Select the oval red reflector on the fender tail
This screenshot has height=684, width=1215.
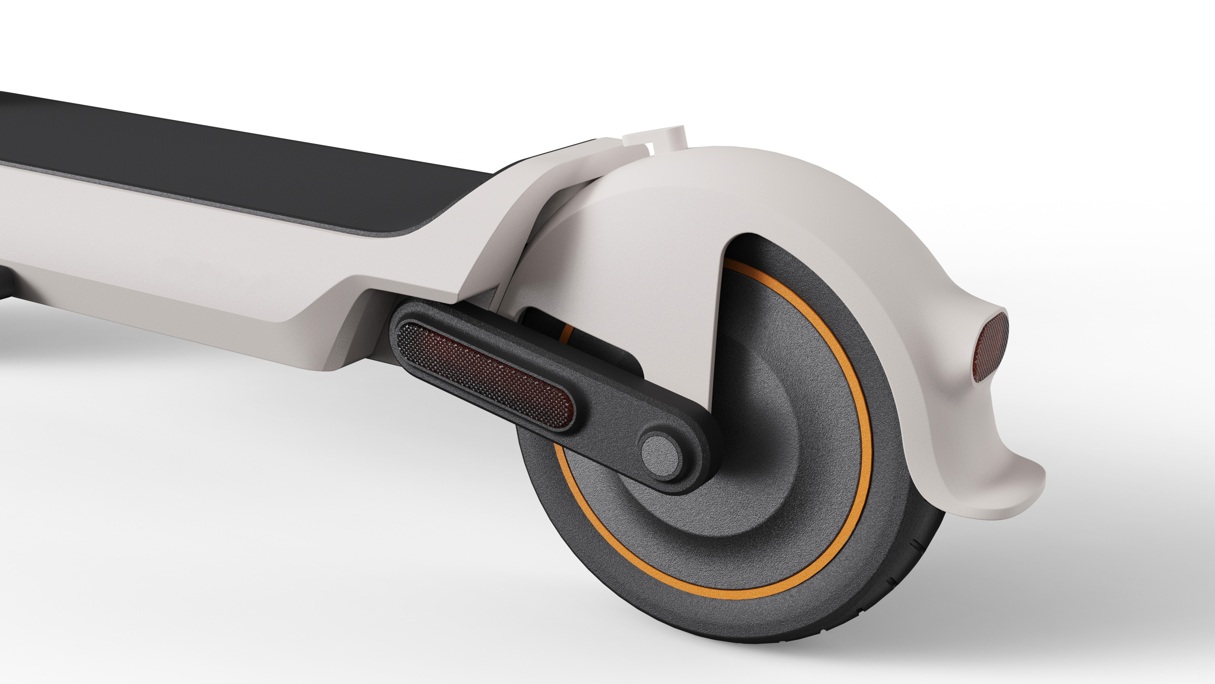[x=991, y=346]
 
